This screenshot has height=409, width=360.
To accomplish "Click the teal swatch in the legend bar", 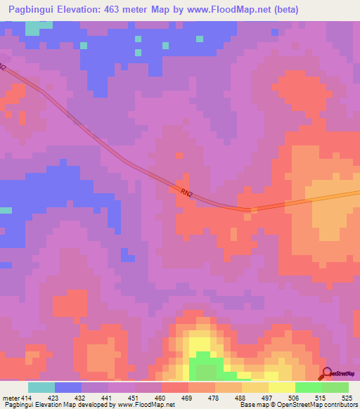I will [x=41, y=387].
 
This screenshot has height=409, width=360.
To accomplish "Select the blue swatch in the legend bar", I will [x=68, y=387].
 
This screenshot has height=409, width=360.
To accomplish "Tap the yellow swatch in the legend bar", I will [x=282, y=387].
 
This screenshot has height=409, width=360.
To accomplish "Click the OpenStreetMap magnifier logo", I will [x=327, y=374].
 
